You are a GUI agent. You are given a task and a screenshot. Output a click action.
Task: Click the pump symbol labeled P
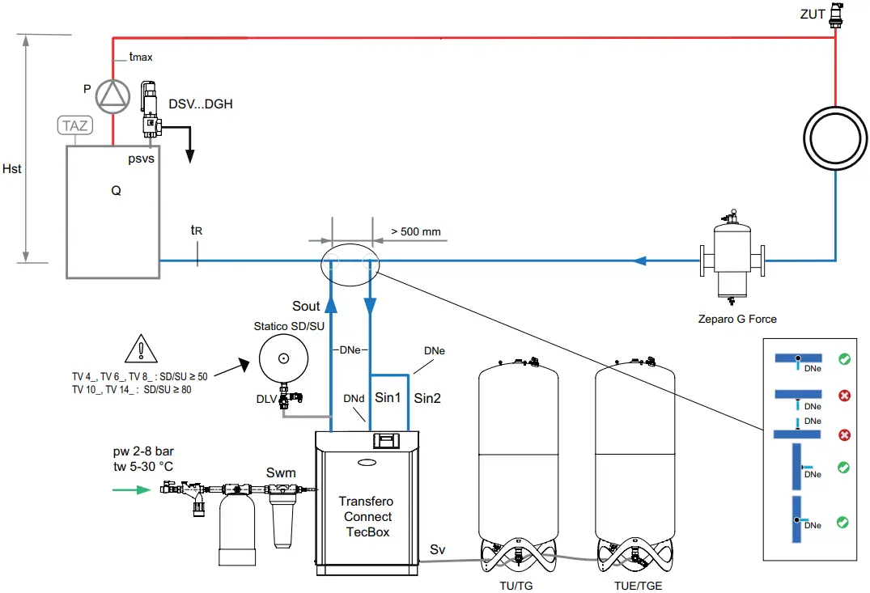(112, 95)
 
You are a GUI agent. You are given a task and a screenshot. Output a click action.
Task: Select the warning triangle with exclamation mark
(142, 349)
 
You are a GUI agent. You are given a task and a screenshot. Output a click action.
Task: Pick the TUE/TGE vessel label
(636, 585)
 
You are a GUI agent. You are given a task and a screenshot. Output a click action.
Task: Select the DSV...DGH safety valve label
(201, 104)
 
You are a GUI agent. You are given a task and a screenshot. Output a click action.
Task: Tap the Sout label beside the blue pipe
(307, 306)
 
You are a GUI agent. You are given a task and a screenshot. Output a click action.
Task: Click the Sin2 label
(430, 397)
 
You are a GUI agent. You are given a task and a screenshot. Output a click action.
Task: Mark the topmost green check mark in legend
(844, 359)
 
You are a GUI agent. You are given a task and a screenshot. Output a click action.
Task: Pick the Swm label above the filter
(281, 472)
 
